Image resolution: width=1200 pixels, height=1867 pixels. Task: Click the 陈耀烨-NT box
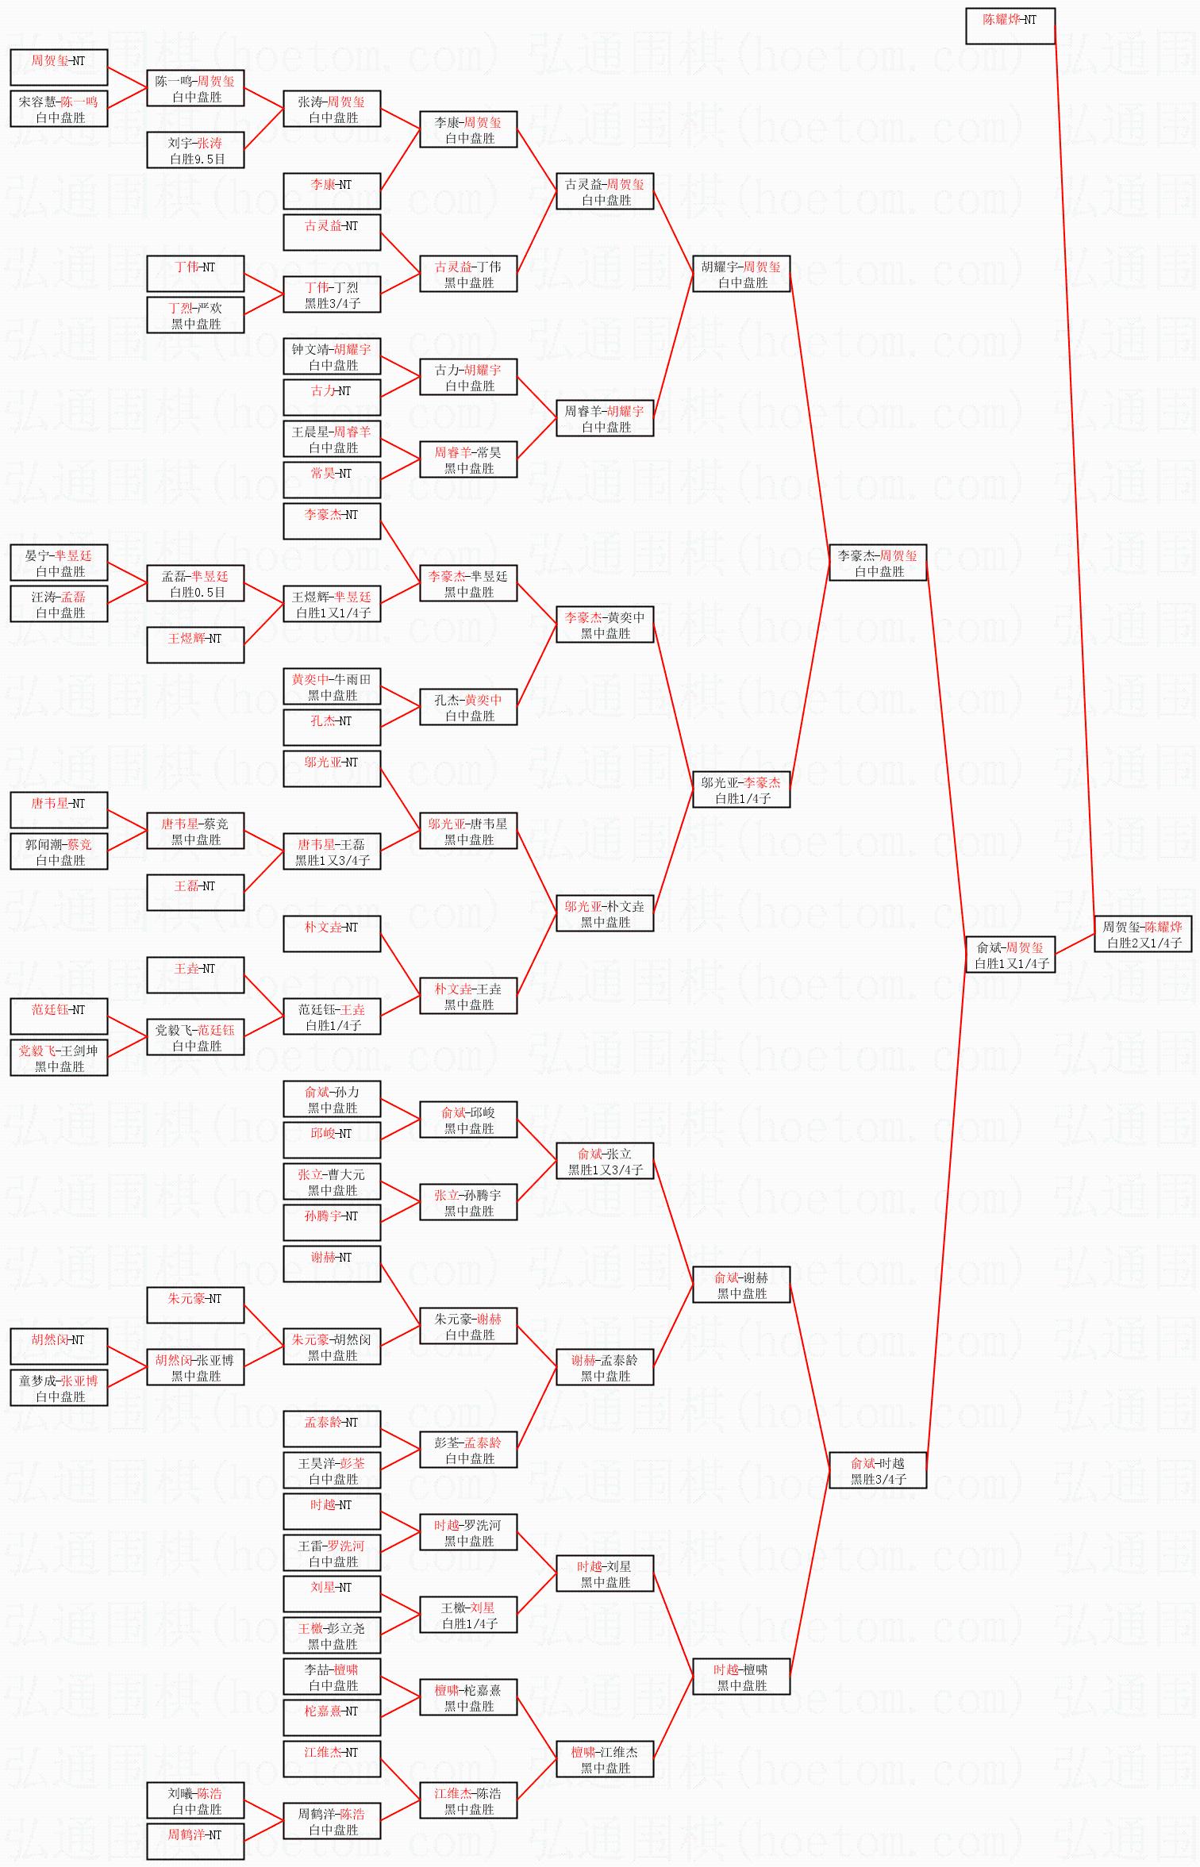(x=1010, y=26)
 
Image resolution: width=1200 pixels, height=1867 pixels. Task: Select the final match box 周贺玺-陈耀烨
(x=1143, y=934)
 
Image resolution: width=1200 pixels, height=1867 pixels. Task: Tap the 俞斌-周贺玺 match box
(x=1010, y=955)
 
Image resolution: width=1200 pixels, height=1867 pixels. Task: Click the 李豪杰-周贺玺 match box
(x=877, y=563)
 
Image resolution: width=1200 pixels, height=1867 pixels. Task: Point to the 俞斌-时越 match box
(x=877, y=1470)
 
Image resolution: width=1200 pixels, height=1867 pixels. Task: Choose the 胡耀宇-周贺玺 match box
(x=741, y=274)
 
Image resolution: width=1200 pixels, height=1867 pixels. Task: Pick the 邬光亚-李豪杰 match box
(x=741, y=789)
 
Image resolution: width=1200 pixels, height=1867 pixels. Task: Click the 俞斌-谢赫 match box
(x=741, y=1285)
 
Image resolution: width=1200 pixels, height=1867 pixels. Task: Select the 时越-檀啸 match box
(x=741, y=1677)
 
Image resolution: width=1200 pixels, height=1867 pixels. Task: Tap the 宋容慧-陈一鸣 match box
(x=59, y=109)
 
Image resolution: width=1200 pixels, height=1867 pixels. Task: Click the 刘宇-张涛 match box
(x=195, y=150)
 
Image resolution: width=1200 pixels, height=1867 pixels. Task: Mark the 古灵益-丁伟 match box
(x=468, y=274)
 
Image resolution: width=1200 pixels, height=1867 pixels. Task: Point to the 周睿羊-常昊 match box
(x=468, y=459)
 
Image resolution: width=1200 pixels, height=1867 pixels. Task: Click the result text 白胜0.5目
(x=197, y=593)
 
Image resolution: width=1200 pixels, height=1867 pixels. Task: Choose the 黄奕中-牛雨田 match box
(x=332, y=686)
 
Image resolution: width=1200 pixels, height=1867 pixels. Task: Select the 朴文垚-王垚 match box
(x=468, y=996)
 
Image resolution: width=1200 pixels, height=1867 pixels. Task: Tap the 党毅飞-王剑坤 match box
(x=59, y=1058)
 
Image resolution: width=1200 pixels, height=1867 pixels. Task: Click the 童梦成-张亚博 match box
(x=59, y=1388)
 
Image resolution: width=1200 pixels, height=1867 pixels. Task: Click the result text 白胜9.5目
(x=197, y=159)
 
